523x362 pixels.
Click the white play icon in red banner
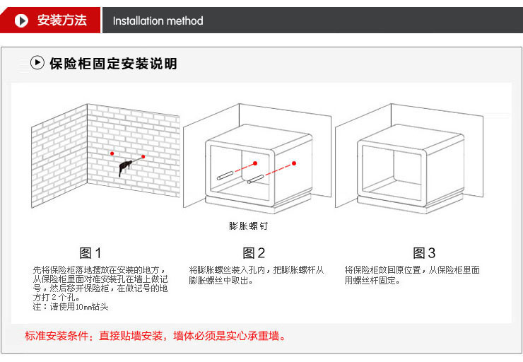[x=21, y=21]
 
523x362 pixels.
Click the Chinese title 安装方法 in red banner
[x=62, y=20]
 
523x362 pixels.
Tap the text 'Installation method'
[x=158, y=21]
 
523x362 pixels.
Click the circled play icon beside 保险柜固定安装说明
[x=37, y=62]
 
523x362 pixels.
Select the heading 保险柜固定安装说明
[x=113, y=64]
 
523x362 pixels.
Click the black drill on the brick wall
[x=125, y=168]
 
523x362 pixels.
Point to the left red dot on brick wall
[x=112, y=153]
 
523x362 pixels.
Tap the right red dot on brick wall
[x=143, y=156]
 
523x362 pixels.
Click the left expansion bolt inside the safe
[x=225, y=175]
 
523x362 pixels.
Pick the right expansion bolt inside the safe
[x=256, y=179]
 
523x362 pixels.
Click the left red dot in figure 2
[x=255, y=163]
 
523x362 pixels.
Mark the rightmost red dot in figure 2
[x=294, y=163]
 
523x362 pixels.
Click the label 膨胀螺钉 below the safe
[x=249, y=226]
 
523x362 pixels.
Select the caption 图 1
[x=90, y=253]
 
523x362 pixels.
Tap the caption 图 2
[x=254, y=253]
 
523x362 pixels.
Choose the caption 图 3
[x=424, y=253]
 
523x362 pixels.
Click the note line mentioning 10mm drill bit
[x=71, y=307]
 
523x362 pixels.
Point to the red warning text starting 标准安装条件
[x=155, y=336]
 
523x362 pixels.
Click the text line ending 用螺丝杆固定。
[x=372, y=280]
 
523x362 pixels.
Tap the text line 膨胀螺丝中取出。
[x=221, y=280]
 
